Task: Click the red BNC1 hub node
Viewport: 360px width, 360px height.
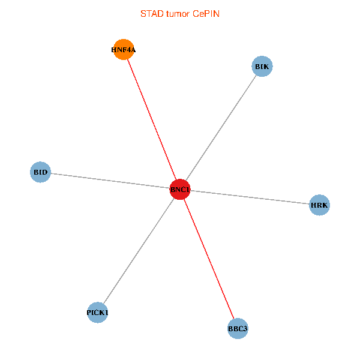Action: coord(180,190)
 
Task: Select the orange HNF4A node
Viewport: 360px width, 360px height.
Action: coord(124,50)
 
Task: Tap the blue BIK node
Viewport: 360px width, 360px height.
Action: coord(262,66)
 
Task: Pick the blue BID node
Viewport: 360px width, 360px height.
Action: coord(40,172)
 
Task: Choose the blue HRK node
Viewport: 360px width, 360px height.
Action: coord(319,205)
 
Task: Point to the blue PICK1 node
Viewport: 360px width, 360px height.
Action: coord(97,313)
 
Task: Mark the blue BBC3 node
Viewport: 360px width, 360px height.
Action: coord(238,329)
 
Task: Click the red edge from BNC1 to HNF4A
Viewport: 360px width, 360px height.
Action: coord(152,119)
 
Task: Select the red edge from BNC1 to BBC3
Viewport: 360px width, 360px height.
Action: coord(209,259)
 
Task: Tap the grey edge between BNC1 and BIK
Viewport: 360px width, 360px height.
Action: coord(221,128)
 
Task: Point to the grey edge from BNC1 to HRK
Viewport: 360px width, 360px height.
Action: coord(250,197)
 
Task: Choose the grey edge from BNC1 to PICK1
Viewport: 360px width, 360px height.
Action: coord(139,251)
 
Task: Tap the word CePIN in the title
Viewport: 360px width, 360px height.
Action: coord(206,13)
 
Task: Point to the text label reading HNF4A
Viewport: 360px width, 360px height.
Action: coord(124,50)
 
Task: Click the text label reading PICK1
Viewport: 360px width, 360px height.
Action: coord(97,313)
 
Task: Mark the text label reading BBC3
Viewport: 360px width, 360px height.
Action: coord(238,329)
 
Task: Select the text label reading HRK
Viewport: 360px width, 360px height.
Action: coord(319,205)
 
